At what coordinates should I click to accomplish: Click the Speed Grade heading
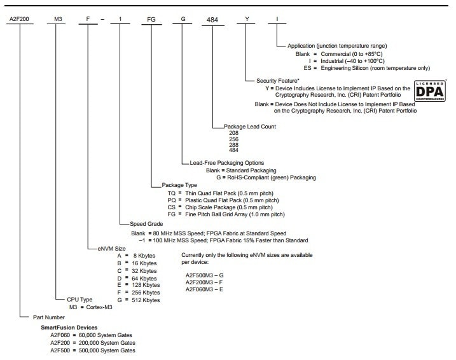point(146,225)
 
